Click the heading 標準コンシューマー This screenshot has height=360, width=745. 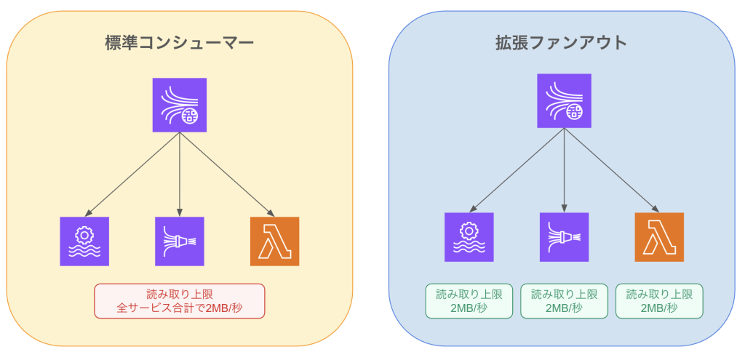click(179, 42)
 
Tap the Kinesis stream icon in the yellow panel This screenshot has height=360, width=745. click(179, 105)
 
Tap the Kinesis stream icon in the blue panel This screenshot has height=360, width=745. click(565, 101)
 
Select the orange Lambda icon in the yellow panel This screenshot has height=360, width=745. click(274, 241)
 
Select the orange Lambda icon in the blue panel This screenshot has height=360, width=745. click(659, 237)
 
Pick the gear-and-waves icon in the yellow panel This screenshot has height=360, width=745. click(84, 241)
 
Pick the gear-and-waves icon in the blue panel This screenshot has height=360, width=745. click(469, 237)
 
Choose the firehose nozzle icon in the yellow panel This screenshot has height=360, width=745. click(180, 241)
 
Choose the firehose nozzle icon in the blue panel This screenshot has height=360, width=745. click(565, 237)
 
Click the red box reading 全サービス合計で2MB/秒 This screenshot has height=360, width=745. click(180, 301)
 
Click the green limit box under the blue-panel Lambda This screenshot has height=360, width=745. click(659, 301)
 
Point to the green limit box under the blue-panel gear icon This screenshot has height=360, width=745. click(469, 301)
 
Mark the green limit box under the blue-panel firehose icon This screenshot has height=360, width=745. click(565, 301)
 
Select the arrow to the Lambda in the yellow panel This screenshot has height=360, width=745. click(227, 174)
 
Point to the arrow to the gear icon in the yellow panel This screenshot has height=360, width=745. click(132, 174)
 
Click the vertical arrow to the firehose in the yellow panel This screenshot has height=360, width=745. click(180, 175)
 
